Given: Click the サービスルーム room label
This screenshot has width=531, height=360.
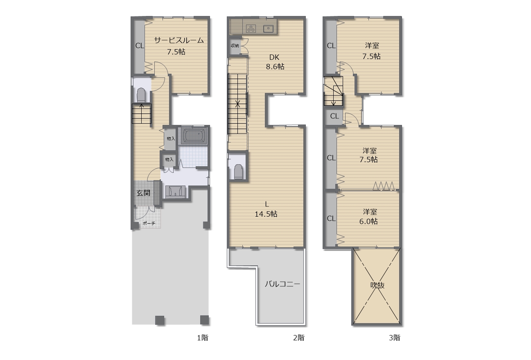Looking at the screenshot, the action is pyautogui.click(x=179, y=40).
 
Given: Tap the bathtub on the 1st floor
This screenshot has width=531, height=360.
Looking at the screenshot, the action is pyautogui.click(x=194, y=136).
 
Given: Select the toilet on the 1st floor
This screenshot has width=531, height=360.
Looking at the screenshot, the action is pyautogui.click(x=141, y=95).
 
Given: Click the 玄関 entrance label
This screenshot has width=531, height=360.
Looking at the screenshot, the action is pyautogui.click(x=143, y=193).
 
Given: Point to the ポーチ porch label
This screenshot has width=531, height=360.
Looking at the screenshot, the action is pyautogui.click(x=149, y=223).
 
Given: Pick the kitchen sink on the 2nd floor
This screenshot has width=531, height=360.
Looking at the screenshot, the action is pyautogui.click(x=268, y=29).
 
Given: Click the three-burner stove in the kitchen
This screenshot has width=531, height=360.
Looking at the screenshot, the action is pyautogui.click(x=251, y=28).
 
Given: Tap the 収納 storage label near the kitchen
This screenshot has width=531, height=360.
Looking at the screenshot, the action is pyautogui.click(x=235, y=45).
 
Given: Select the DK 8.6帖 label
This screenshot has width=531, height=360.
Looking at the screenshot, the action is pyautogui.click(x=275, y=62).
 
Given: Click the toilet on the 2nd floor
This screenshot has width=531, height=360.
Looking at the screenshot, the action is pyautogui.click(x=238, y=172).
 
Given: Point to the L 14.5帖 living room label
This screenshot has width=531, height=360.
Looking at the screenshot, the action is pyautogui.click(x=266, y=209).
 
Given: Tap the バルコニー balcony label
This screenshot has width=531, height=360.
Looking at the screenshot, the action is pyautogui.click(x=282, y=284).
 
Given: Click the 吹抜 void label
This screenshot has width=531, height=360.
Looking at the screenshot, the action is pyautogui.click(x=377, y=285).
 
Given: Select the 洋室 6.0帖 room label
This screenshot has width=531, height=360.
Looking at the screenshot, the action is pyautogui.click(x=369, y=217).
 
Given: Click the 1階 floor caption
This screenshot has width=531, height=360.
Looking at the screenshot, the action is pyautogui.click(x=203, y=338).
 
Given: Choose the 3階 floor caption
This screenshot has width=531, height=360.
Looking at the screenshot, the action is pyautogui.click(x=395, y=338).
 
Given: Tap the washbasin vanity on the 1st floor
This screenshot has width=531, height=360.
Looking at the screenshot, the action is pyautogui.click(x=175, y=192).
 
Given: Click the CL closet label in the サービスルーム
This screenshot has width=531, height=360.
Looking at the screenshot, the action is pyautogui.click(x=140, y=45).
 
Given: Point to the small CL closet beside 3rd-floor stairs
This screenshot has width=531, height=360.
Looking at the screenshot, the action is pyautogui.click(x=334, y=116).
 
